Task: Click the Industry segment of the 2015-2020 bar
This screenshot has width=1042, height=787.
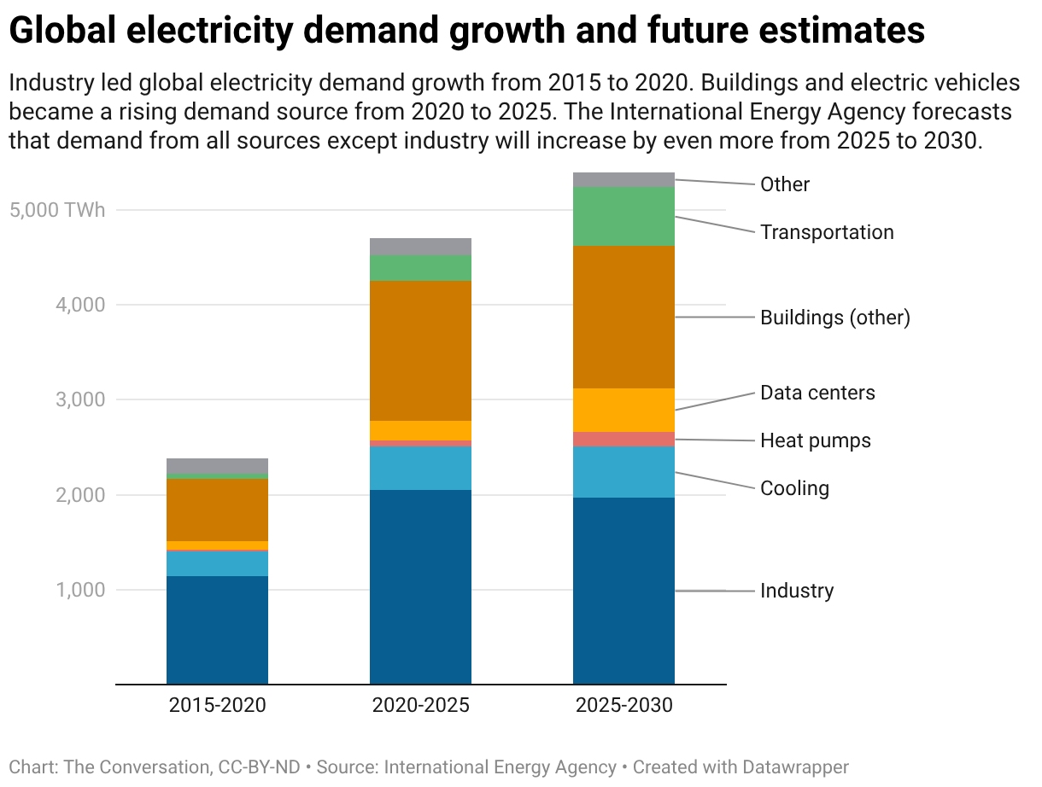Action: point(217,630)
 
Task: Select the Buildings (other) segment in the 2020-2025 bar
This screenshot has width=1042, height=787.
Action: point(420,351)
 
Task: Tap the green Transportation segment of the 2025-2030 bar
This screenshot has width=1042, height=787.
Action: point(623,217)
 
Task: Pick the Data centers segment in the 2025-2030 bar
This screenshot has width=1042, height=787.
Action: point(623,411)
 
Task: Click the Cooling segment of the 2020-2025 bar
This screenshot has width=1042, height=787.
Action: point(420,469)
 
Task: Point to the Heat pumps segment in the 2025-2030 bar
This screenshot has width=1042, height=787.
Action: point(623,440)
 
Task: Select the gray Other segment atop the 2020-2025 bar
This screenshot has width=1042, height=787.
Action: point(420,247)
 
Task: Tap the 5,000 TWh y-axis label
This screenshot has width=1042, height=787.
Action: point(58,210)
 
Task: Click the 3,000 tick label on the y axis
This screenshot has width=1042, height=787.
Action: point(80,400)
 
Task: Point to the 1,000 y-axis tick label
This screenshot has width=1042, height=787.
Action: point(80,591)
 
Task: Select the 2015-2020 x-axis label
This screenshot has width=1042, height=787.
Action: point(217,706)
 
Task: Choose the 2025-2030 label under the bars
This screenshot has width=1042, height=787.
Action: point(623,706)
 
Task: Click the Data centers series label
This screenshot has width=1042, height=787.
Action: point(817,393)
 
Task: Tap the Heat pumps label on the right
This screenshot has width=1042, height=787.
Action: point(816,440)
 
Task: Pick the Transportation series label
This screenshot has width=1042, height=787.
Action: point(827,232)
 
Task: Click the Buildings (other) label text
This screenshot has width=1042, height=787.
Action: point(835,318)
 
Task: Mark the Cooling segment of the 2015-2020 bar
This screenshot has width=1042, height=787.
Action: point(217,563)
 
